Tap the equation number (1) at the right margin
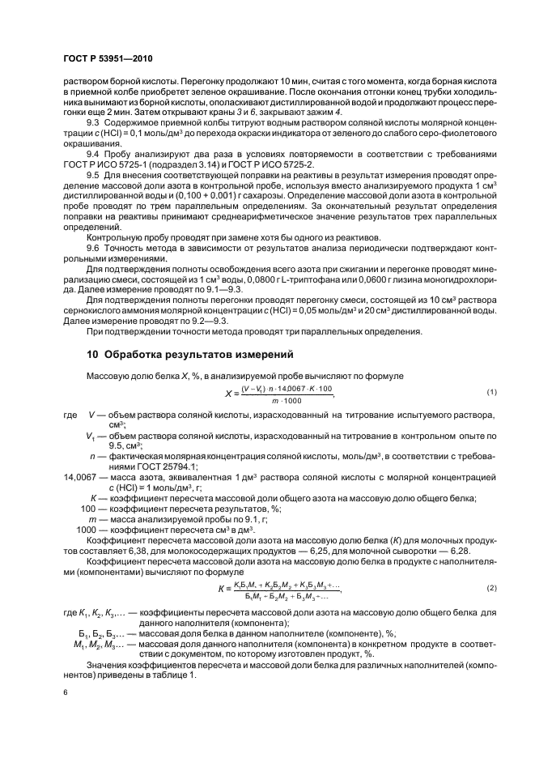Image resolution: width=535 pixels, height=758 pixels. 490,393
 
